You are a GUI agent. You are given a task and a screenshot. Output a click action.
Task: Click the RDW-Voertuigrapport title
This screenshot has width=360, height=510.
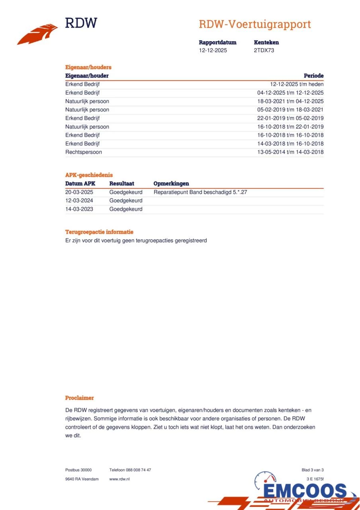[x=255, y=24]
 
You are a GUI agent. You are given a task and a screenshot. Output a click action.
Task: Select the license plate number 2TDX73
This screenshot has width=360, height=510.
[x=264, y=51]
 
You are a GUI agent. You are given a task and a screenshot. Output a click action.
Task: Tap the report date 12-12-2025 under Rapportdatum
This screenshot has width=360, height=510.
[x=213, y=51]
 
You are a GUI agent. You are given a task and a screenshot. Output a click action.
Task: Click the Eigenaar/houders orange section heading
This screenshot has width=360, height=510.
[x=88, y=67]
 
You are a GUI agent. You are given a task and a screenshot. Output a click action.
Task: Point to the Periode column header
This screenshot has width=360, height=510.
[x=313, y=76]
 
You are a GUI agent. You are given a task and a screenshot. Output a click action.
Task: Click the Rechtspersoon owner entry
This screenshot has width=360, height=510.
[x=84, y=152]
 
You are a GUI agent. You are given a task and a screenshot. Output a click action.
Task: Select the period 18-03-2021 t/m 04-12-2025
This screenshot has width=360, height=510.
[x=290, y=101]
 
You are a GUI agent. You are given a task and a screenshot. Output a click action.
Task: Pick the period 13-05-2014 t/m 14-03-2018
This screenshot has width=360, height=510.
[x=290, y=152]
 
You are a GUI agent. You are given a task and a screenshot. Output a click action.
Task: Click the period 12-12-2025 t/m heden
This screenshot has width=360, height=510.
[x=297, y=84]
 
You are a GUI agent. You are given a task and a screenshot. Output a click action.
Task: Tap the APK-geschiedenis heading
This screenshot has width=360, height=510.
[x=89, y=175]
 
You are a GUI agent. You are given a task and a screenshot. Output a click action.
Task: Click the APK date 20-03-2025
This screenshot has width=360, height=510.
[x=79, y=192]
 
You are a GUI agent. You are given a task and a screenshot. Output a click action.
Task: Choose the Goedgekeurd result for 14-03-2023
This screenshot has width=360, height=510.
[x=126, y=209]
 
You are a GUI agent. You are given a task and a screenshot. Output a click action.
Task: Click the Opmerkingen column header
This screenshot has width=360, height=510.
[x=171, y=184]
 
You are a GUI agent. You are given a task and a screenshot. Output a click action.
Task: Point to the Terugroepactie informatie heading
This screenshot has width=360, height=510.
[x=99, y=232]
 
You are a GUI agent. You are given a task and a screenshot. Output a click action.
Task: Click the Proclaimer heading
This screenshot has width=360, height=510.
[x=80, y=398]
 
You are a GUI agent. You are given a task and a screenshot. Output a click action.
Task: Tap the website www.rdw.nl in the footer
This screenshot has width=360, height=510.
[x=119, y=479]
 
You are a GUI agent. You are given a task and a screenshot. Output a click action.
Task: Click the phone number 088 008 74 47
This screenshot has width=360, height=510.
[x=138, y=470]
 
